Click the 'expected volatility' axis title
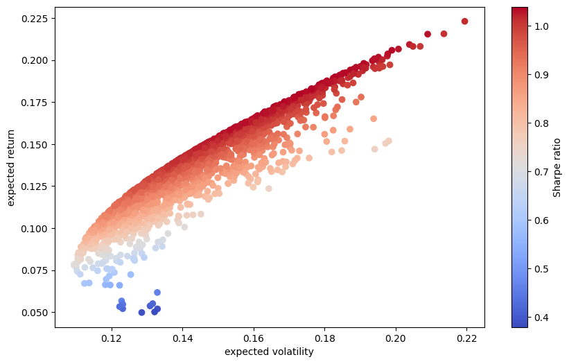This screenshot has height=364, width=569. tap(269, 352)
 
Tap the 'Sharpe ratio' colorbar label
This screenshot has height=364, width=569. tap(557, 167)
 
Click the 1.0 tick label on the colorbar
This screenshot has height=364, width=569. tap(541, 26)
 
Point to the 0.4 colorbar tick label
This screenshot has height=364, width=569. tap(541, 318)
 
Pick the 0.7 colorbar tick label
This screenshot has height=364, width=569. tap(541, 172)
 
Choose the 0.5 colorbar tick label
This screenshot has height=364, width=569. tap(541, 269)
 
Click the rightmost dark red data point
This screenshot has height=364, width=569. tap(464, 21)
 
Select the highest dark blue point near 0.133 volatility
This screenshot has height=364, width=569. tap(157, 293)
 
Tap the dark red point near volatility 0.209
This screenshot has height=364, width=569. tap(428, 34)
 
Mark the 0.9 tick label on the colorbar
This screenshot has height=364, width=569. tap(541, 75)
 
